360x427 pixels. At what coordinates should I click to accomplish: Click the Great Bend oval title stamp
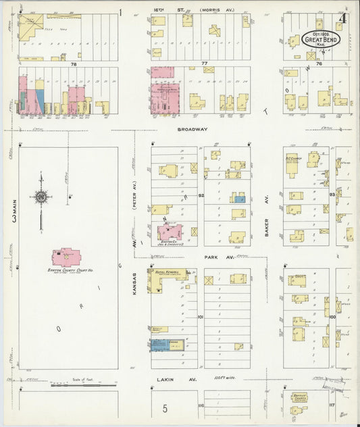pos(320,38)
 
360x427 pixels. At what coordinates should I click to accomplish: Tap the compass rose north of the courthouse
pos(42,197)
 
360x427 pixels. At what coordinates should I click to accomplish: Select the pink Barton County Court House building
pos(66,257)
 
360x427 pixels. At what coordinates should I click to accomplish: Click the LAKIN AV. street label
pos(172,379)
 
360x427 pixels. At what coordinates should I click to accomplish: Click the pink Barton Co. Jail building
pos(170,232)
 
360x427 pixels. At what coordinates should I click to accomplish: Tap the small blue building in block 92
pos(238,199)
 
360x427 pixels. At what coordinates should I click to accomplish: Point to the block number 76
pos(319,63)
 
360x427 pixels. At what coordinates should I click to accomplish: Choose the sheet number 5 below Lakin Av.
pos(164,409)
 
